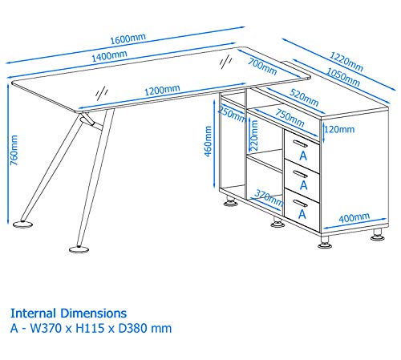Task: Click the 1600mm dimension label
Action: (128, 39)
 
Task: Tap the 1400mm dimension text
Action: (109, 56)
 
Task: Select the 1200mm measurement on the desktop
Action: (162, 91)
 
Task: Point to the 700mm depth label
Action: (262, 67)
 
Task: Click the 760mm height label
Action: (14, 150)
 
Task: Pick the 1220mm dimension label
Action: (346, 62)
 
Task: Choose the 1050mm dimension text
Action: (343, 77)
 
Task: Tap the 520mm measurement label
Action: (304, 98)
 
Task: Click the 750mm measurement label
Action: (290, 118)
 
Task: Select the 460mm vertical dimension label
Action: (208, 141)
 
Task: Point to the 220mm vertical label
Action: (253, 136)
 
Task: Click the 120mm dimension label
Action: (339, 130)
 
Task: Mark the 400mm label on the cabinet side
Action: (354, 218)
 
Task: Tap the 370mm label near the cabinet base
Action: (269, 198)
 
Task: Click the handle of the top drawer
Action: (300, 144)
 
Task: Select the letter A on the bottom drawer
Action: (302, 214)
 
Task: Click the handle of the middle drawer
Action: (300, 174)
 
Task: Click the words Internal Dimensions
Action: (68, 313)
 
